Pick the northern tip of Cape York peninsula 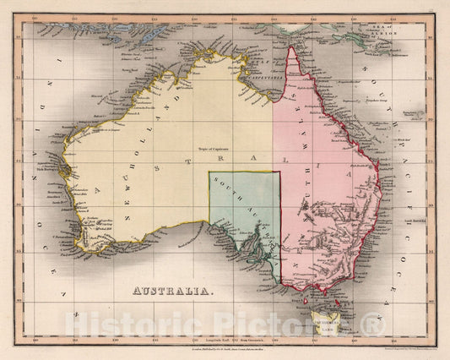pos(292,47)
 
